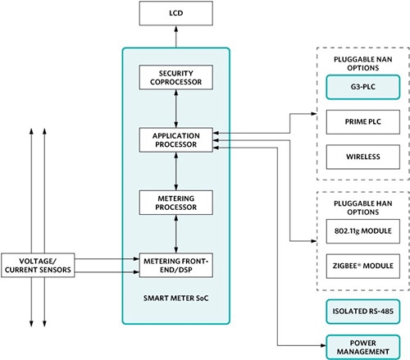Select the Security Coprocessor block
pos(176,77)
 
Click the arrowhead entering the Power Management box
pos(321,346)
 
